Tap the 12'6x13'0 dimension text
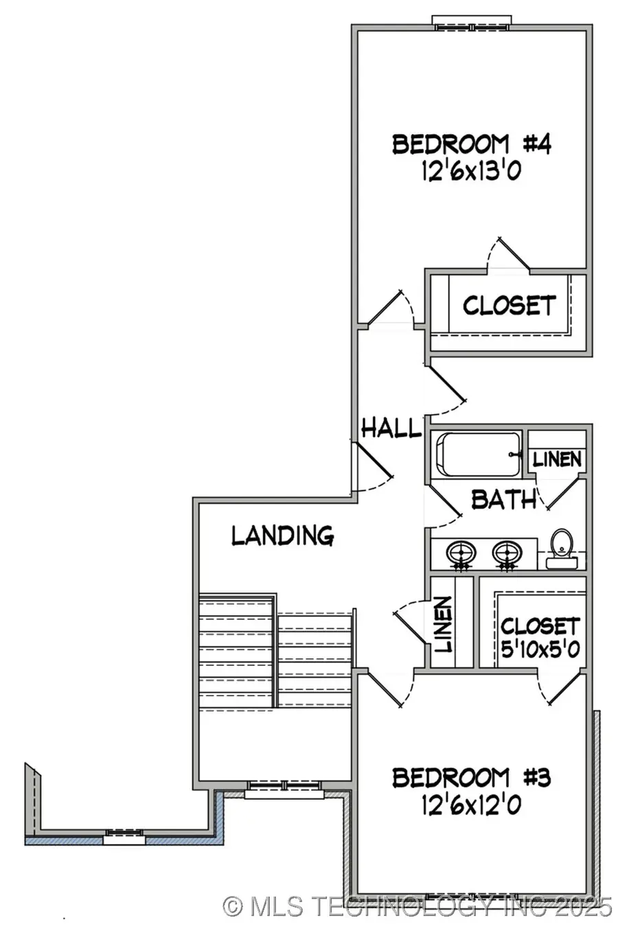471,171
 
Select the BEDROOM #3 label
471,778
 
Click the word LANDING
282,535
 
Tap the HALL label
390,428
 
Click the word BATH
503,499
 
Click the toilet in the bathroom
562,546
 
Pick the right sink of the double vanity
507,553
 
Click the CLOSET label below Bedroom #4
508,306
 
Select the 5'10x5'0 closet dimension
539,647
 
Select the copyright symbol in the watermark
233,906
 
